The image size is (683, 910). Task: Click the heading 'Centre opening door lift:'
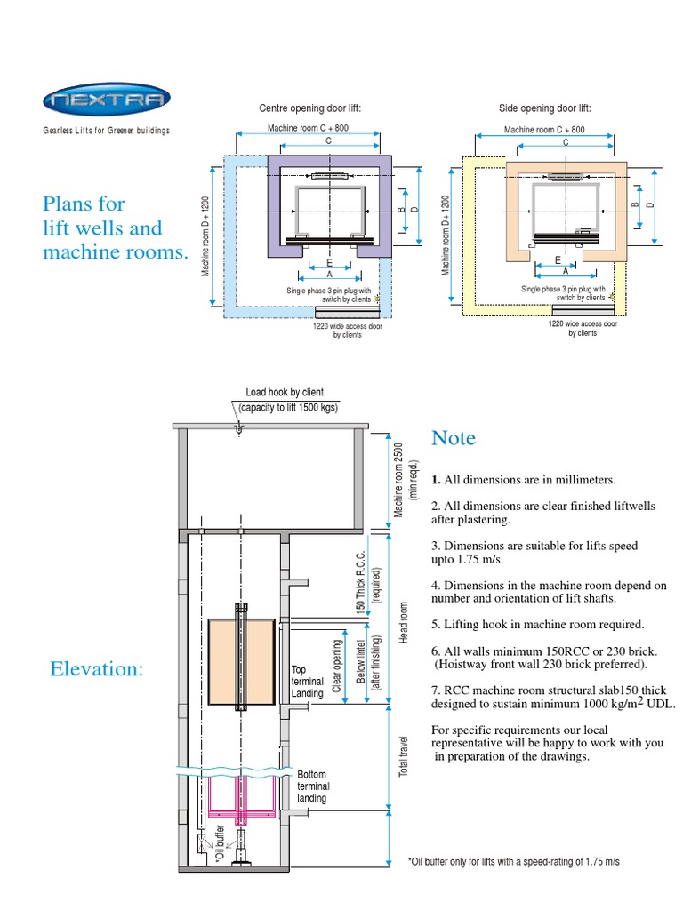pyautogui.click(x=309, y=108)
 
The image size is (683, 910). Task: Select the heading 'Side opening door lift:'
pyautogui.click(x=544, y=108)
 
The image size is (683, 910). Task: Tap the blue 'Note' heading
pyautogui.click(x=454, y=438)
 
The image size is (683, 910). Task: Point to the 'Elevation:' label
pyautogui.click(x=97, y=669)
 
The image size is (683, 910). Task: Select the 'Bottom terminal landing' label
pyautogui.click(x=313, y=786)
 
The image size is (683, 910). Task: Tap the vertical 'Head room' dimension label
pyautogui.click(x=404, y=623)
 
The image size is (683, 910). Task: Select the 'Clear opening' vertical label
pyautogui.click(x=338, y=666)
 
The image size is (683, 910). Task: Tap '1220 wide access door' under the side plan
pyautogui.click(x=583, y=324)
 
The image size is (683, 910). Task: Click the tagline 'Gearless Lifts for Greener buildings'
pyautogui.click(x=107, y=131)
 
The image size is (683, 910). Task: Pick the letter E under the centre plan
pyautogui.click(x=329, y=263)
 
